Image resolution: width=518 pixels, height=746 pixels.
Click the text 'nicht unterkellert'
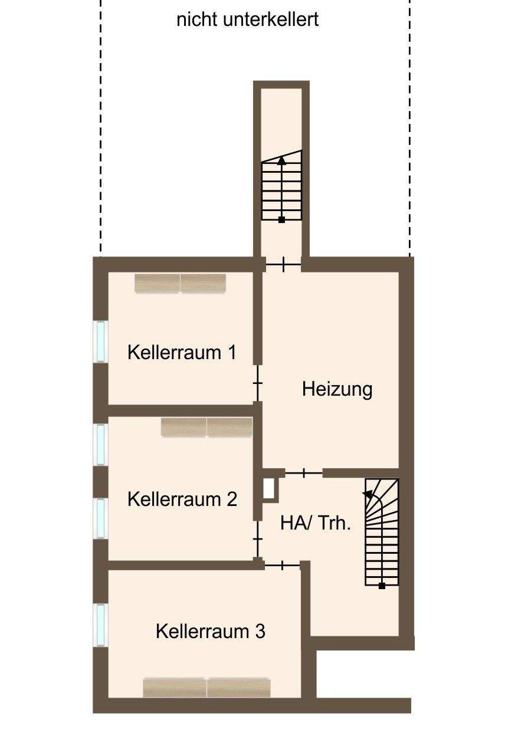tap(247, 19)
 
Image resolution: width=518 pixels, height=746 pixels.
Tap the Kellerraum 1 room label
tap(182, 353)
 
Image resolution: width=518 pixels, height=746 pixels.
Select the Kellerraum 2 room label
tap(182, 499)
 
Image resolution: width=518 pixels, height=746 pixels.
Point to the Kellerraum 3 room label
tap(210, 632)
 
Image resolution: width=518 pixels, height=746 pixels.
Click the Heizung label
tap(337, 389)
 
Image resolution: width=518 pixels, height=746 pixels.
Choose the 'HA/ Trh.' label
tap(316, 523)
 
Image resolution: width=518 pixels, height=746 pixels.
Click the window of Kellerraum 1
tap(101, 341)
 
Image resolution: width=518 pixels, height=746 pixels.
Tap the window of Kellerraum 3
tap(101, 625)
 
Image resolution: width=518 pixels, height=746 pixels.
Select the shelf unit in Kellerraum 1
tap(180, 283)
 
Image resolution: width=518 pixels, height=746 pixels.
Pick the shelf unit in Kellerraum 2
tap(206, 427)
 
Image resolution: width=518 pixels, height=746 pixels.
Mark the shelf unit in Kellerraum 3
tap(206, 687)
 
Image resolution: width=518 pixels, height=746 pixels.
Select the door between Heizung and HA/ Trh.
tap(304, 473)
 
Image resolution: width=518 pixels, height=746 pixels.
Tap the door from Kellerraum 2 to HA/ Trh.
tap(258, 539)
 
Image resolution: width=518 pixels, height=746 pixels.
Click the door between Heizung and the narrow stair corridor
tap(283, 264)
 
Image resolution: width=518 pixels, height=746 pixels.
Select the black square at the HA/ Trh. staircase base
tap(382, 586)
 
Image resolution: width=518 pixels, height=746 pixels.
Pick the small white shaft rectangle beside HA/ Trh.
tap(269, 488)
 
